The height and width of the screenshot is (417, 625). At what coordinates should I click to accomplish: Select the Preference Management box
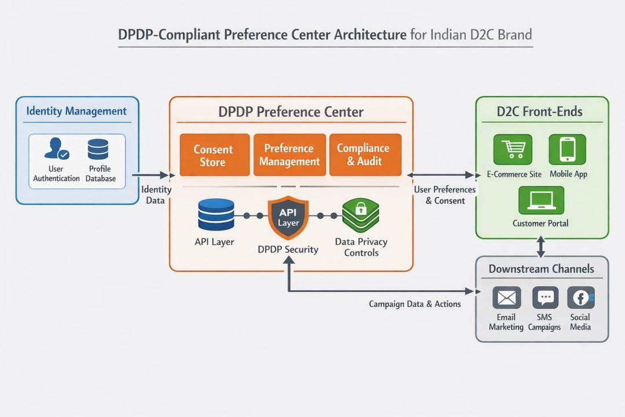click(289, 155)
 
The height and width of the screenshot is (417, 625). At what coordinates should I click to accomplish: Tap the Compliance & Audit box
click(365, 155)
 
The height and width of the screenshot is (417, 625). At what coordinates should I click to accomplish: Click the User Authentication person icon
click(56, 149)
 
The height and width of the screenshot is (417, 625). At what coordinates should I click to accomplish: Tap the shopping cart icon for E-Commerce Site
click(512, 150)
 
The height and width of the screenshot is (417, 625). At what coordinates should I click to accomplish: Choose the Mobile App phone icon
click(567, 150)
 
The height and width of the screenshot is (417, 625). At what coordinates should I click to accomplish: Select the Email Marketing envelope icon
click(506, 298)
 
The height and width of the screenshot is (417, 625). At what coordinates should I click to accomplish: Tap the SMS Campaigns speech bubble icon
click(545, 298)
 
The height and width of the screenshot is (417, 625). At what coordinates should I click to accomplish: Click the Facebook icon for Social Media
click(580, 298)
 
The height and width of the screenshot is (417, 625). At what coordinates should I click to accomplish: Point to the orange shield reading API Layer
click(288, 218)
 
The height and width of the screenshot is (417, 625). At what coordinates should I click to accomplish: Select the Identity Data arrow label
click(156, 195)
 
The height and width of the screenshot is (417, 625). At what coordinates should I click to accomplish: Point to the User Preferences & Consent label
click(445, 195)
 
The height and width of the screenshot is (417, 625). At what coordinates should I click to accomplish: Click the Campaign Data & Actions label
click(415, 304)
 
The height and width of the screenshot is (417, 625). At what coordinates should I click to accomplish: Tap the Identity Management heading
click(76, 111)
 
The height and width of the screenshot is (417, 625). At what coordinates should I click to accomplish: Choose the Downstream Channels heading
click(541, 269)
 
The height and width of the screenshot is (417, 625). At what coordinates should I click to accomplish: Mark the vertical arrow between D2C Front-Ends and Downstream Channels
click(541, 247)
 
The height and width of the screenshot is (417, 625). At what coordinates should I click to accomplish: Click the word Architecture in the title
click(370, 34)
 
